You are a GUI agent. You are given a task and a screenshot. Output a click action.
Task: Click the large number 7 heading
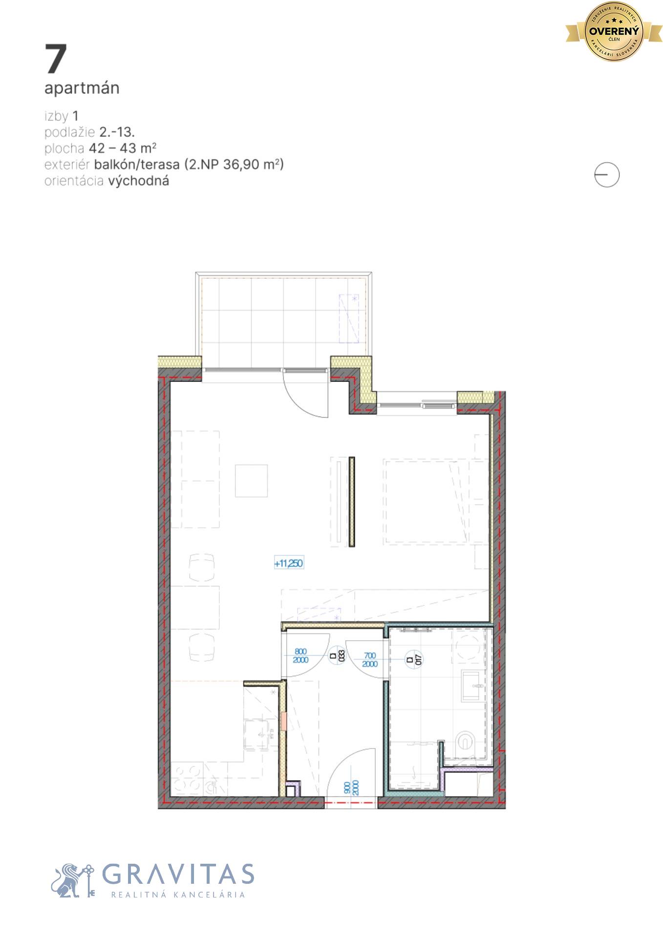[x=56, y=59]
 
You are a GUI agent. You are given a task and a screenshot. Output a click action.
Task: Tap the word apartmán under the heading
[x=82, y=88]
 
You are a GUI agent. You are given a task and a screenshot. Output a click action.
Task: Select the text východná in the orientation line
[x=139, y=181]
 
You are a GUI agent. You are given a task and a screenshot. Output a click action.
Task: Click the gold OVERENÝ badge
[x=614, y=32]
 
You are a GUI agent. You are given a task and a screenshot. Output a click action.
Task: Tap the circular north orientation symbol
[x=607, y=175]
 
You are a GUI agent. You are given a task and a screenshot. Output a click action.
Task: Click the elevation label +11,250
[x=289, y=563]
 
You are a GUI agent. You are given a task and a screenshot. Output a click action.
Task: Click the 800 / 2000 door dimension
[x=300, y=655]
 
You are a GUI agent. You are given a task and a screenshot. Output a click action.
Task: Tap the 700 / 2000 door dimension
[x=370, y=659]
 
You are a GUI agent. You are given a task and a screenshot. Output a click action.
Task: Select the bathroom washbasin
[x=472, y=686]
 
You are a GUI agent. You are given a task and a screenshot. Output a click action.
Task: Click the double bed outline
[x=425, y=501]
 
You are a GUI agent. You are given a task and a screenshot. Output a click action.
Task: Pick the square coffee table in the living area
[x=251, y=480]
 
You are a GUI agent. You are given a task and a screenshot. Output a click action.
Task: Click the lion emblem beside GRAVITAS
[x=71, y=880]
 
